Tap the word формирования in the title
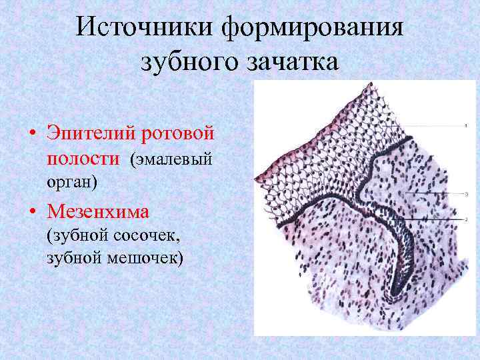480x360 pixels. pos(313,27)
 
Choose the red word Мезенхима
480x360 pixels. pos(98,212)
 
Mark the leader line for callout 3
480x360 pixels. pos(427,193)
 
